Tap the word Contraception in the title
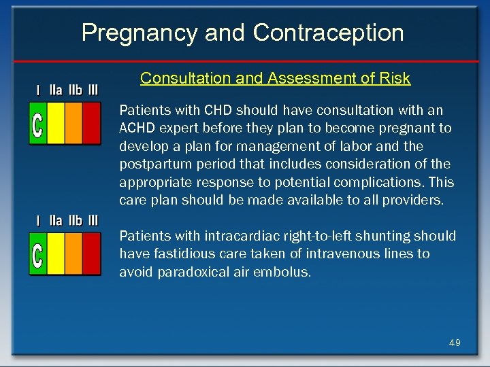(329, 32)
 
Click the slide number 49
(455, 343)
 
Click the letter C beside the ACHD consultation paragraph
(37, 124)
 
